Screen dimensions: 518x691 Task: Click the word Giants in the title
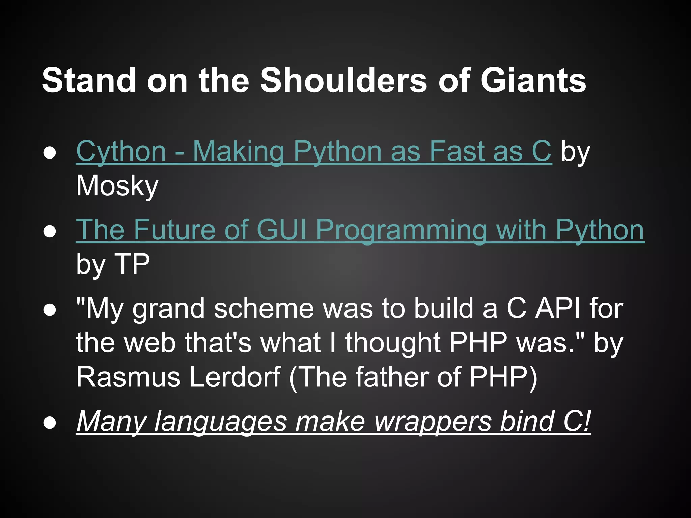[533, 81]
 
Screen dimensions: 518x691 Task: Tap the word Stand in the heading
[88, 81]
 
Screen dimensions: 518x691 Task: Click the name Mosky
[117, 186]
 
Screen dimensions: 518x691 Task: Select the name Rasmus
[128, 377]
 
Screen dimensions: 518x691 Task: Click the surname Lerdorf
[235, 377]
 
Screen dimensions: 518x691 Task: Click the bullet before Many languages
[50, 423]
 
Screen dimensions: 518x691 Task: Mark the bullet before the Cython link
[50, 153]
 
